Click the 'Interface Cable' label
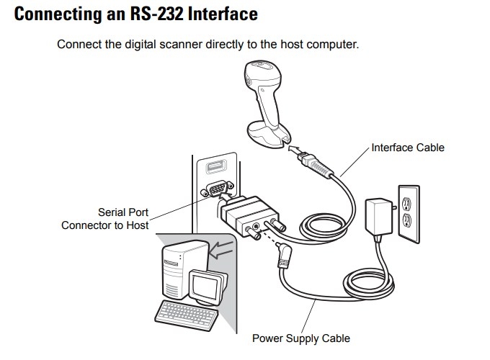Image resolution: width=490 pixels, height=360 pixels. (x=408, y=148)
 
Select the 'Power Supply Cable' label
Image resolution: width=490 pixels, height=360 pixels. (x=300, y=338)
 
